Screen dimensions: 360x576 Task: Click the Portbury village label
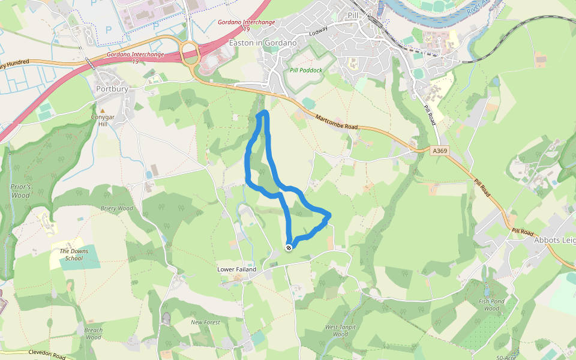click(112, 89)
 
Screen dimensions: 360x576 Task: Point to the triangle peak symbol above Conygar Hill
click(102, 111)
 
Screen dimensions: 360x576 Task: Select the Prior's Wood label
click(20, 191)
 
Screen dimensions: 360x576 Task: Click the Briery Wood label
click(116, 209)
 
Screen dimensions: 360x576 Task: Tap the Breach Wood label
click(93, 334)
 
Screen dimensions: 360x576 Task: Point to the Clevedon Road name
click(46, 355)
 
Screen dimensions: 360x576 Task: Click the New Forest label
click(205, 322)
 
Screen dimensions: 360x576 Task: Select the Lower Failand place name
click(236, 269)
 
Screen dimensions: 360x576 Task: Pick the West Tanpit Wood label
click(340, 331)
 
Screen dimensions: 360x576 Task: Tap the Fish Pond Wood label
click(491, 305)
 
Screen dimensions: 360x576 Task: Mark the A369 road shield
click(440, 152)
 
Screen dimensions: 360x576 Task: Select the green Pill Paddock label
click(306, 70)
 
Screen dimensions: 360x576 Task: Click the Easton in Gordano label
click(263, 43)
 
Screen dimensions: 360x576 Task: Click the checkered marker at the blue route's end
click(289, 247)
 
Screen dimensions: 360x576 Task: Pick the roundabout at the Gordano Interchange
click(190, 53)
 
